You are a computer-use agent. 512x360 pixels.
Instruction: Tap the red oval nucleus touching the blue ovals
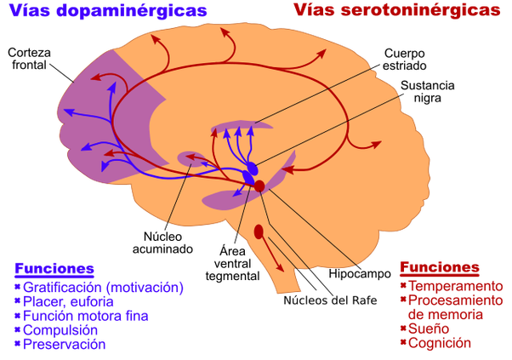point(260,185)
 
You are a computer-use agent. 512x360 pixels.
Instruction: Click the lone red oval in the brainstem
point(259,231)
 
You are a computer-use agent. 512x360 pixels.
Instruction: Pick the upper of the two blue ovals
point(252,168)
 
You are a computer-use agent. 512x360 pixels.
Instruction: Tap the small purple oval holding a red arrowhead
point(191,157)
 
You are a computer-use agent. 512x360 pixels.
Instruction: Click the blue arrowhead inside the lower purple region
point(230,195)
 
